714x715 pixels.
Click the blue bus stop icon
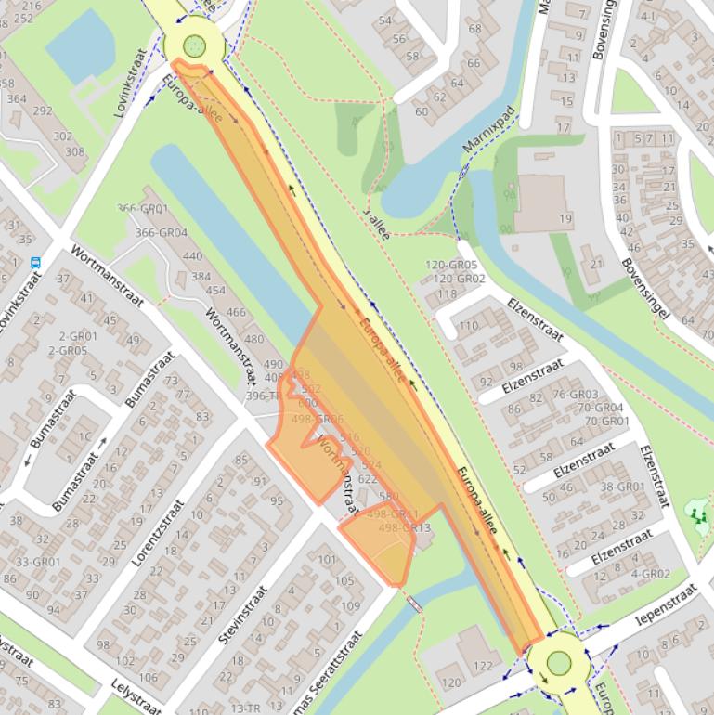[35, 263]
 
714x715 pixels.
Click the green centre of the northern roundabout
[194, 45]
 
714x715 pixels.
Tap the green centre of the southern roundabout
[558, 663]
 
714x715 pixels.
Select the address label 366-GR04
[162, 233]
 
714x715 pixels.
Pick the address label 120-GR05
[451, 265]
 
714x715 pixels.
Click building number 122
[483, 666]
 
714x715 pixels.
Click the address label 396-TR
[262, 396]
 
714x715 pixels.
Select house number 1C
[84, 436]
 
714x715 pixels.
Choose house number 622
[367, 479]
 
